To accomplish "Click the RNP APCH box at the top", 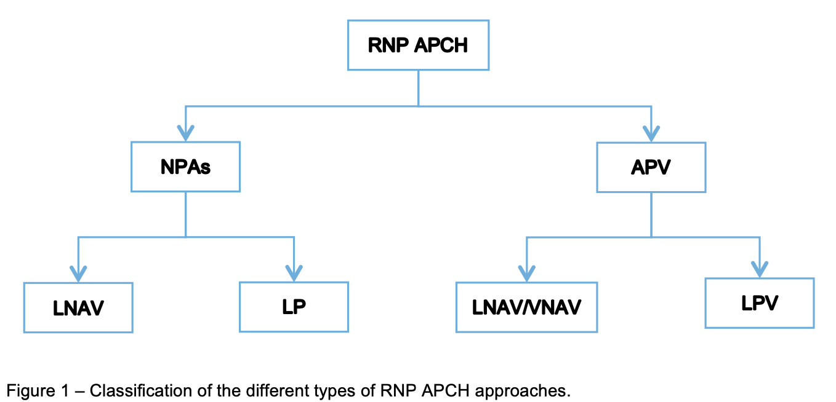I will [x=418, y=45].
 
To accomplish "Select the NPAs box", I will [x=185, y=167].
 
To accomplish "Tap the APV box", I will [x=651, y=167].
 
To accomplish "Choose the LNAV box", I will [x=78, y=307].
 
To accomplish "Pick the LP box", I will [x=294, y=307].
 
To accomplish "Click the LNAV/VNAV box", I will [x=526, y=307].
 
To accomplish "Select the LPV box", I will [x=759, y=302].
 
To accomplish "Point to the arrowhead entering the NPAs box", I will [x=185, y=133].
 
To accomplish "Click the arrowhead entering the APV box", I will [x=651, y=133].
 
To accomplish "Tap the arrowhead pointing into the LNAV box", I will [x=78, y=273].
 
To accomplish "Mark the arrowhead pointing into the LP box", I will [x=294, y=272].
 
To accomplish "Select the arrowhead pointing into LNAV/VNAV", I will [x=526, y=273].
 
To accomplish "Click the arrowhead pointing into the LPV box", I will [x=759, y=269].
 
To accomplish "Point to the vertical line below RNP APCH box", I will [x=418, y=87].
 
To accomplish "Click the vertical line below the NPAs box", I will [x=185, y=214].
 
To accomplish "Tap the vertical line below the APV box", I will [x=651, y=214].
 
